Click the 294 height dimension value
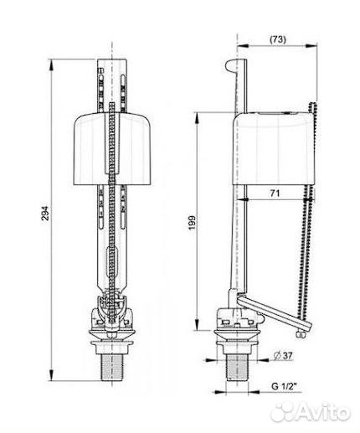point(45,214)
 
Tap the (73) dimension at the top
point(278,39)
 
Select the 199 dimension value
point(193,223)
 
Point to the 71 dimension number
point(275,193)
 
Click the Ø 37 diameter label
point(283,355)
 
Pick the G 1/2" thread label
point(284,386)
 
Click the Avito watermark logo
point(311,412)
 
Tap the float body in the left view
point(112,148)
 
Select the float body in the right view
point(274,148)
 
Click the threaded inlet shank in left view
point(112,366)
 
